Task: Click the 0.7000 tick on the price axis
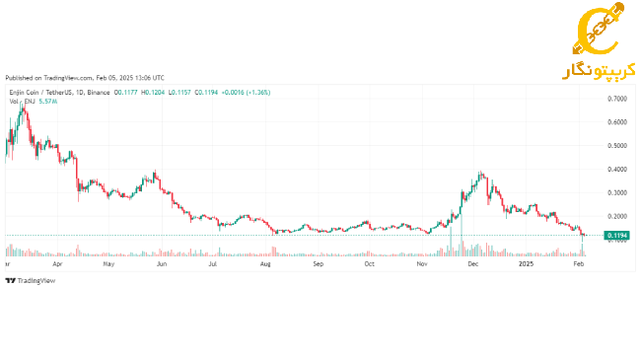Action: (617, 100)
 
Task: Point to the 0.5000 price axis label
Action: (617, 146)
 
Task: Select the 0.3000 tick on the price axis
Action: (617, 192)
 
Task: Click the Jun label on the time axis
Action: (161, 264)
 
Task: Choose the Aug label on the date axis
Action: (265, 264)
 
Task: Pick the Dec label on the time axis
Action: (473, 264)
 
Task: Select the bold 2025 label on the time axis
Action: (527, 264)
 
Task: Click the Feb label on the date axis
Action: (579, 264)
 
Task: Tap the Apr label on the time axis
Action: (57, 264)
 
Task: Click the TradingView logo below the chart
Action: (31, 281)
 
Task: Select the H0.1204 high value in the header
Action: (153, 92)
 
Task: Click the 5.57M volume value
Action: (46, 101)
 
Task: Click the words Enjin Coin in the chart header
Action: (23, 92)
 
